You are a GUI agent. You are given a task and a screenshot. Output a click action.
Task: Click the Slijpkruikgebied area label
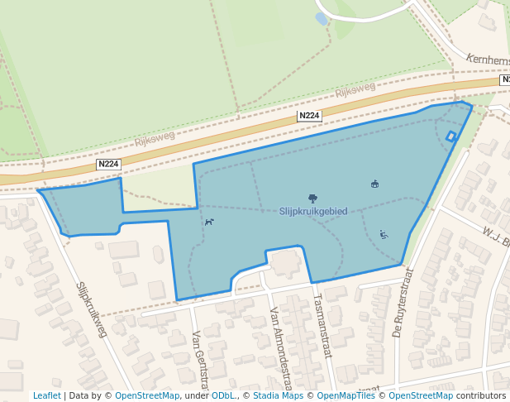[313, 212]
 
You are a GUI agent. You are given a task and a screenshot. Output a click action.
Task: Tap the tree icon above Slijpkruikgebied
[312, 199]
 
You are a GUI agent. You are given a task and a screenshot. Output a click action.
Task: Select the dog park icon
[210, 222]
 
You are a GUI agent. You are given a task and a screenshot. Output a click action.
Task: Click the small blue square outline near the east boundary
[450, 136]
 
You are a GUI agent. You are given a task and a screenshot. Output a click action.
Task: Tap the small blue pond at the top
[322, 18]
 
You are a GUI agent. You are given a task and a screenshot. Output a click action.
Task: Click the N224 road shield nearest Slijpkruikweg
[108, 165]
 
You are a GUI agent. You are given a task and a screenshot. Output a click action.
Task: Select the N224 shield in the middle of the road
[309, 117]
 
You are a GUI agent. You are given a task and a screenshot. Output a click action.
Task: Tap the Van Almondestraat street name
[281, 347]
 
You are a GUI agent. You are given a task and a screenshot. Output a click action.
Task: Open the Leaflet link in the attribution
[47, 395]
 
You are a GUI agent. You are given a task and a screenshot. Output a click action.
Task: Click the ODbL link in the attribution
[222, 395]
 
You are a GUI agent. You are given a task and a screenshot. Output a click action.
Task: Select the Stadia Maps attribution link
[278, 395]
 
